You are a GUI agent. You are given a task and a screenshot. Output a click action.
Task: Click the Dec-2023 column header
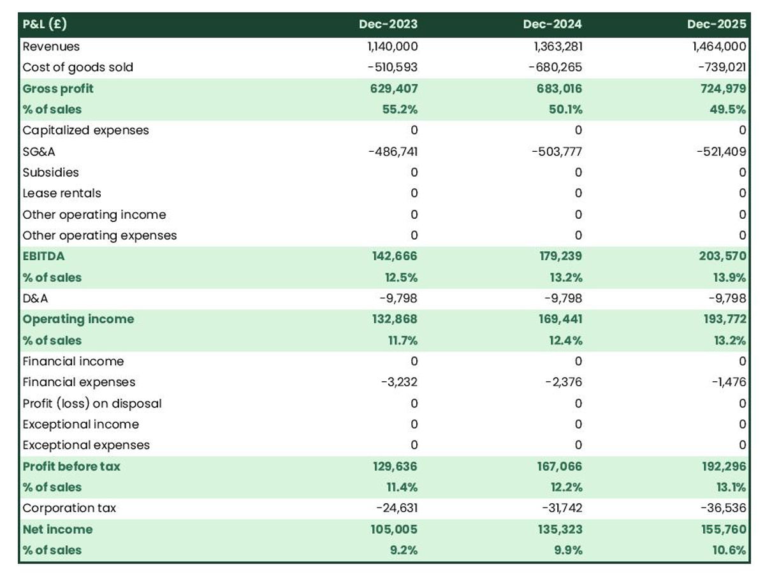[x=388, y=24]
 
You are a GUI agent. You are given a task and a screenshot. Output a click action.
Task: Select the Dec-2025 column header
[x=716, y=24]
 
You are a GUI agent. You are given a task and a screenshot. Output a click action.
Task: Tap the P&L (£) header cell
[x=45, y=24]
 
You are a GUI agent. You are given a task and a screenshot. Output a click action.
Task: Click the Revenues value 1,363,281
[x=558, y=47]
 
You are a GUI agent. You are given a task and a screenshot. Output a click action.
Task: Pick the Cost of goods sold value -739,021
[x=722, y=67]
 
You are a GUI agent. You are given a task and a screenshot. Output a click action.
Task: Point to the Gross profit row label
[x=58, y=89]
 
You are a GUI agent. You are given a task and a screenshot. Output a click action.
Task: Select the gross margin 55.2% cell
[x=400, y=109]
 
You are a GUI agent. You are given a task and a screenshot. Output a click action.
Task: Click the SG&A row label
[x=39, y=152]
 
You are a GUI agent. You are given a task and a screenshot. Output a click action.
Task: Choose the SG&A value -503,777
[x=557, y=152]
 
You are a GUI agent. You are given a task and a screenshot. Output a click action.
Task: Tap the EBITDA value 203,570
[x=722, y=256]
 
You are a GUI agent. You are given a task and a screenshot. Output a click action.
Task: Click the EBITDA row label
[x=43, y=256]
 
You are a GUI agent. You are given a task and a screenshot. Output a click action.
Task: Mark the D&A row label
[x=35, y=298]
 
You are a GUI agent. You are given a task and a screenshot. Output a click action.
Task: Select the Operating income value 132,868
[x=395, y=319]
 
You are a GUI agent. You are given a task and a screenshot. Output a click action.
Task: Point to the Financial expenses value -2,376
[x=564, y=382]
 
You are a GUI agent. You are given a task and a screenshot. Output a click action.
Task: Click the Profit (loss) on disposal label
[x=92, y=403]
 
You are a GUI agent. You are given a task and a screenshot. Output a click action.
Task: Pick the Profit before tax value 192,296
[x=724, y=466]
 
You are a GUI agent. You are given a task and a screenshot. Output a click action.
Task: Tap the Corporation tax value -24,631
[x=397, y=508]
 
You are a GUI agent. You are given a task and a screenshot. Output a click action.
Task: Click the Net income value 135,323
[x=560, y=529]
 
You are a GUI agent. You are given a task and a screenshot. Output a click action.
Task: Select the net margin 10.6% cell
[x=729, y=550]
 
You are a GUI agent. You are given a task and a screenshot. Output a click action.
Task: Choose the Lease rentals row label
[x=62, y=193]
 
